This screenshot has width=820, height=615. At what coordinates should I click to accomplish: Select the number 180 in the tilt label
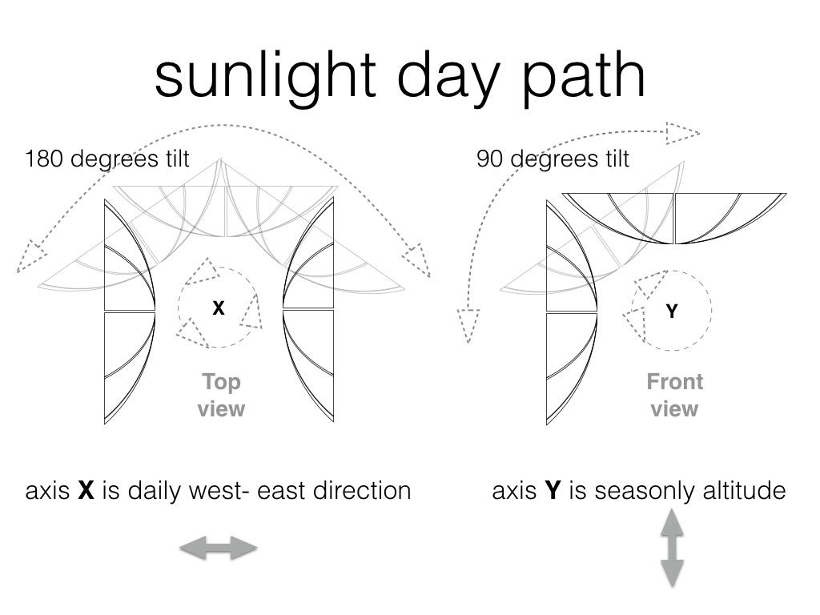click(x=43, y=159)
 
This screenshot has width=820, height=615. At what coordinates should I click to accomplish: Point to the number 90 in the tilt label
click(x=490, y=159)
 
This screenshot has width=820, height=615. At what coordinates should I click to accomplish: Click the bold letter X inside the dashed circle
click(x=219, y=308)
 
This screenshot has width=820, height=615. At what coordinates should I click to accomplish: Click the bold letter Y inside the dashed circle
click(x=672, y=312)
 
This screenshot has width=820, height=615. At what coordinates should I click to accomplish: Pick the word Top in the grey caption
click(x=221, y=383)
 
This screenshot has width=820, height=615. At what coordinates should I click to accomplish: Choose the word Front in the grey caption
click(x=674, y=382)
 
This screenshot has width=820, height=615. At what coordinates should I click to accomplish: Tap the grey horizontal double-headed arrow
click(x=219, y=548)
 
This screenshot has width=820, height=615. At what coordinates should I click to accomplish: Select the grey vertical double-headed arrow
click(x=672, y=548)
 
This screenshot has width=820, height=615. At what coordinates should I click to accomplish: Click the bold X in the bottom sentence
click(x=86, y=491)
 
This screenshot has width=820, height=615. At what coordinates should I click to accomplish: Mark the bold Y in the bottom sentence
click(x=553, y=491)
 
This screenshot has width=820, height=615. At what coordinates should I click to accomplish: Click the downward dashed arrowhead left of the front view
click(x=468, y=326)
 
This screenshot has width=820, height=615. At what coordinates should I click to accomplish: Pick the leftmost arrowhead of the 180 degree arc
click(x=30, y=256)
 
